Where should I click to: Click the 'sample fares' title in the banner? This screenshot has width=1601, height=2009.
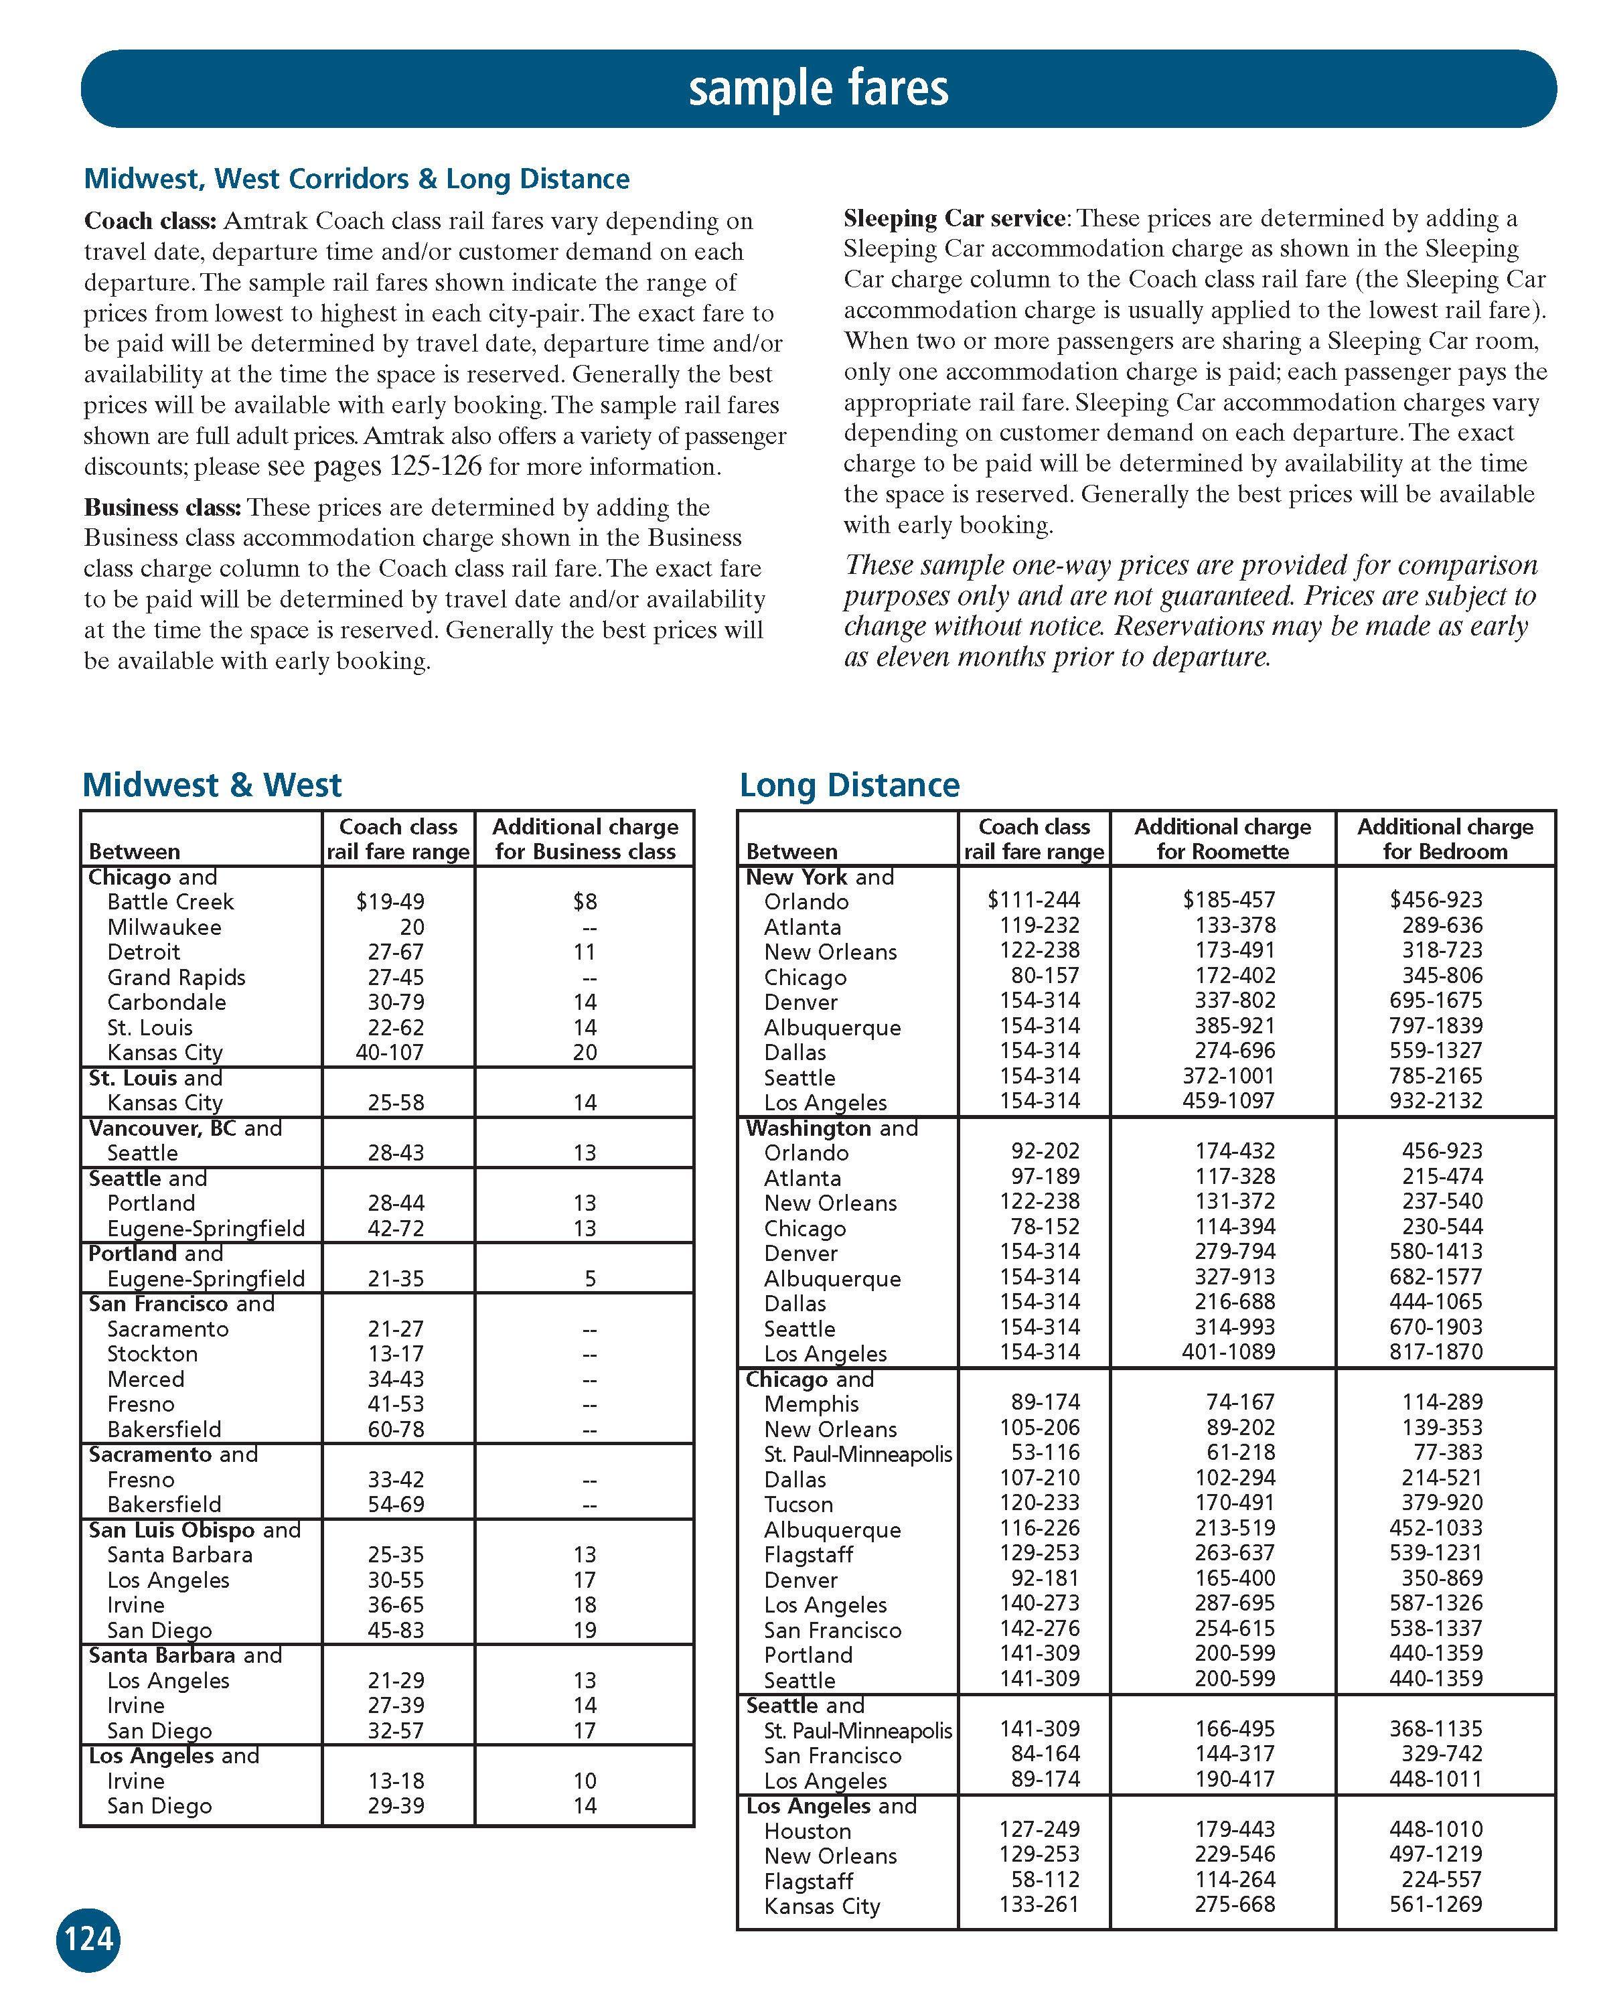pos(818,88)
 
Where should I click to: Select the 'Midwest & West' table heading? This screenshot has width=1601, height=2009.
pos(212,785)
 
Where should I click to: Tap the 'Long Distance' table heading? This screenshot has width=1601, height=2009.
pos(849,785)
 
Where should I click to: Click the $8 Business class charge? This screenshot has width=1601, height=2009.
pos(585,902)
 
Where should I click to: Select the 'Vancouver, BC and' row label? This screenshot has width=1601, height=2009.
pos(185,1128)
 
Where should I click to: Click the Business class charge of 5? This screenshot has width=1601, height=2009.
pos(589,1278)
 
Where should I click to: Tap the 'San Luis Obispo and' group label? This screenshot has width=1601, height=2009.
pos(194,1530)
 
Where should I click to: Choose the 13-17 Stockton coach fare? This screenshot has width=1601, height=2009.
pos(395,1354)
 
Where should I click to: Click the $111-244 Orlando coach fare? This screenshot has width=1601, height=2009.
pos(1033,900)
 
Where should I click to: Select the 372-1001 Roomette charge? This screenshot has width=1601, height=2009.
pos(1227,1075)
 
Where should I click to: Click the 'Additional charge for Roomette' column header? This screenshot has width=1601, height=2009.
pos(1222,838)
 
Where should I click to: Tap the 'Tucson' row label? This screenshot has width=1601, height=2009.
pos(799,1505)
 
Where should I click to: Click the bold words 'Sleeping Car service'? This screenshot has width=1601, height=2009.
pos(954,219)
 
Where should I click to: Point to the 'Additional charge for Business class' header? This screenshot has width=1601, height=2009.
pos(585,838)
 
